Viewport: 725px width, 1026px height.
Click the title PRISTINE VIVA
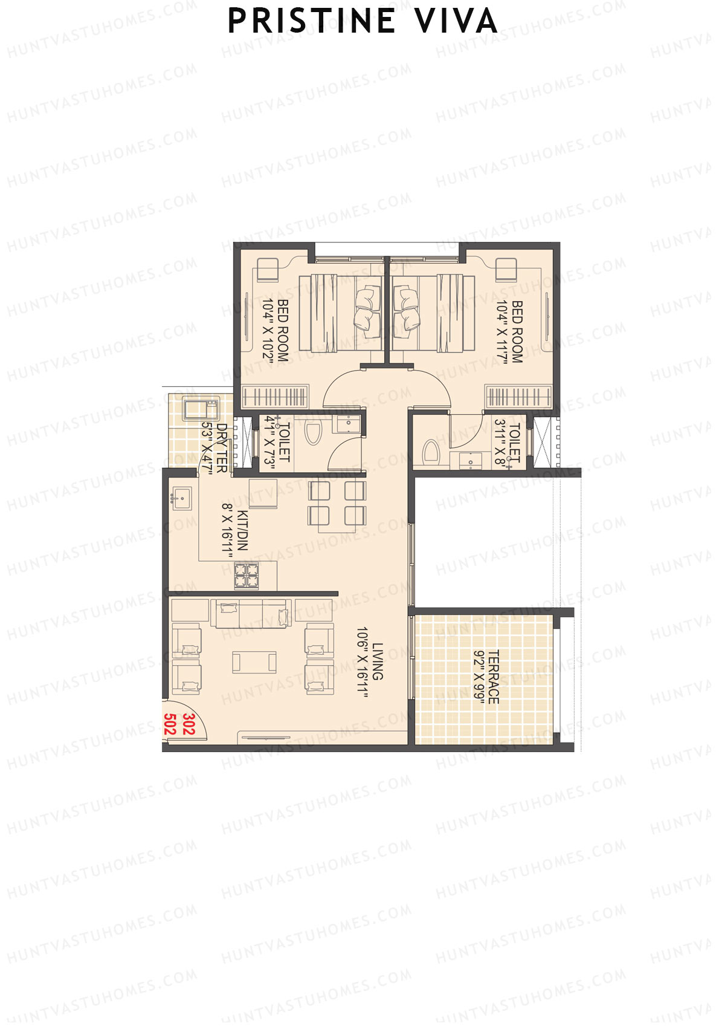[362, 21]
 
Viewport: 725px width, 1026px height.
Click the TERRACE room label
[494, 677]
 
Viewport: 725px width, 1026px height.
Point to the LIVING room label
[378, 661]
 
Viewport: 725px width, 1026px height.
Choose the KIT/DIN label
[242, 530]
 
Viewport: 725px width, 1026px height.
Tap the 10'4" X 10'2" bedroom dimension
[268, 330]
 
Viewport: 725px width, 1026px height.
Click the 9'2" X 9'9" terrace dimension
[479, 677]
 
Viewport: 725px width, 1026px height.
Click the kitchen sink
[181, 497]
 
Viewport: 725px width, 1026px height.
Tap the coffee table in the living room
[254, 662]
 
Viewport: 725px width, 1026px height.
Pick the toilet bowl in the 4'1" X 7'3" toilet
[313, 433]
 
